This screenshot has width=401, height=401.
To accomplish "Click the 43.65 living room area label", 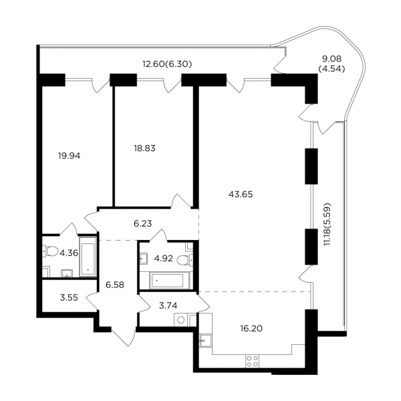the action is (241, 194).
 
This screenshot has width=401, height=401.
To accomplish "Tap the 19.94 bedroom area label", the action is (69, 156).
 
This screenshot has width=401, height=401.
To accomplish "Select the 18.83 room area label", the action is (145, 148).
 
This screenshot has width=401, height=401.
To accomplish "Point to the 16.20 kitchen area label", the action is (251, 328).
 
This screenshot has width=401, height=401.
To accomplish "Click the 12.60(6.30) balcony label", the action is (167, 64).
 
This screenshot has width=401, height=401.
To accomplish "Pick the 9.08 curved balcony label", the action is (331, 59).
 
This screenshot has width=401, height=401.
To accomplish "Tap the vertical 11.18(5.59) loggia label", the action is (327, 225).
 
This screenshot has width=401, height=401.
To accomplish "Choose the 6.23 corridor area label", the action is (143, 223).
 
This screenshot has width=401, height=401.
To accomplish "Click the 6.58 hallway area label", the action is (115, 285).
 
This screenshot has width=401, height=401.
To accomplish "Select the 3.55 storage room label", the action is (69, 297).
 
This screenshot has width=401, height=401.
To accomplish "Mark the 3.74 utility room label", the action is (168, 305).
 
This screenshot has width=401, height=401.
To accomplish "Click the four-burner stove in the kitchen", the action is (252, 361).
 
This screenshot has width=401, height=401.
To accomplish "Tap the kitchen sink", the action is (206, 340).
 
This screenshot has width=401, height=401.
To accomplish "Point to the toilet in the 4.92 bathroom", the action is (184, 261).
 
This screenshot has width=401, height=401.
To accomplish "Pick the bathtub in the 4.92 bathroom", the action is (166, 281).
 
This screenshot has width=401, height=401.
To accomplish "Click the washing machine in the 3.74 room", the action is (181, 320).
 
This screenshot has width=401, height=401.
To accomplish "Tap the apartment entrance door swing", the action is (124, 337).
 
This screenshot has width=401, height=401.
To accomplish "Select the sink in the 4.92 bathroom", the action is (143, 258).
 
